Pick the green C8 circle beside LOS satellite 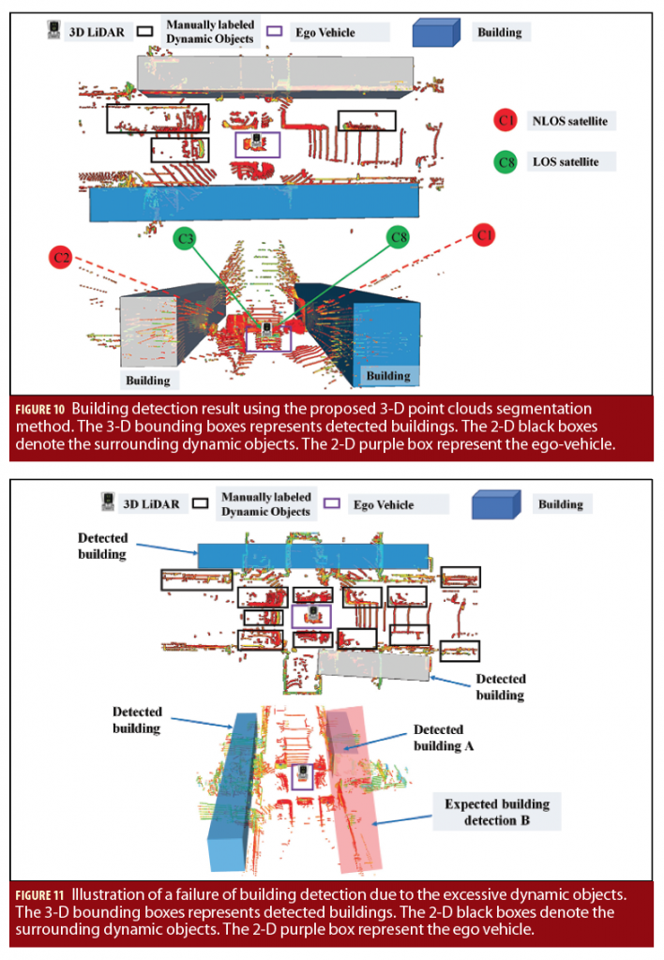pos(506,161)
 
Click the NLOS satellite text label pos(571,121)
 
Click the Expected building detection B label pos(497,812)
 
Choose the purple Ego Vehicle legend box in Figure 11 pos(332,504)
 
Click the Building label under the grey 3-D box pos(148,380)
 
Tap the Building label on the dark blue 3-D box pos(387,375)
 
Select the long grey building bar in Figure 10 pos(274,72)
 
